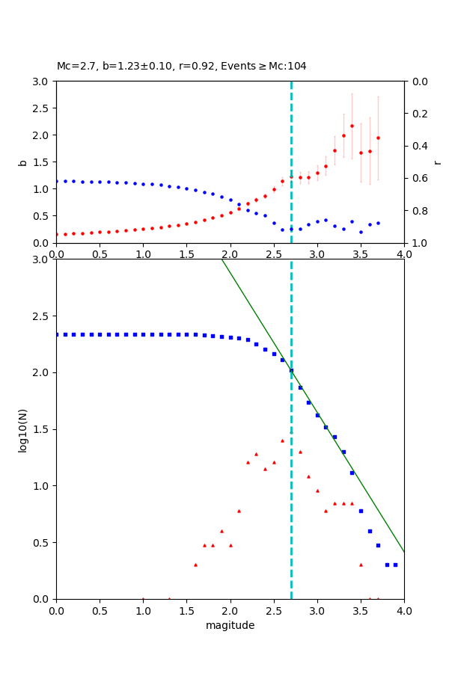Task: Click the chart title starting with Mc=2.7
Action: [x=182, y=66]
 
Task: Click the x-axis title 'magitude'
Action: [x=230, y=625]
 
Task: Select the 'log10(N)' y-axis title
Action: [x=22, y=429]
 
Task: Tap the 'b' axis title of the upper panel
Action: [x=22, y=162]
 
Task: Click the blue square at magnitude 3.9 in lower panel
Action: [x=395, y=565]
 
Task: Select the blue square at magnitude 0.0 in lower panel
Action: [x=56, y=334]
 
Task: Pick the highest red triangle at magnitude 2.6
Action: [x=282, y=440]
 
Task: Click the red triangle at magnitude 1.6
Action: [x=195, y=565]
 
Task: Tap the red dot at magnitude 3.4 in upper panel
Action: [x=352, y=126]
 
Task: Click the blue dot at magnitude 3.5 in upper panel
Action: [x=361, y=232]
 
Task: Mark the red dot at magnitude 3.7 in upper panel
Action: [x=378, y=138]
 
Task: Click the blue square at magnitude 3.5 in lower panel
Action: [x=361, y=511]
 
